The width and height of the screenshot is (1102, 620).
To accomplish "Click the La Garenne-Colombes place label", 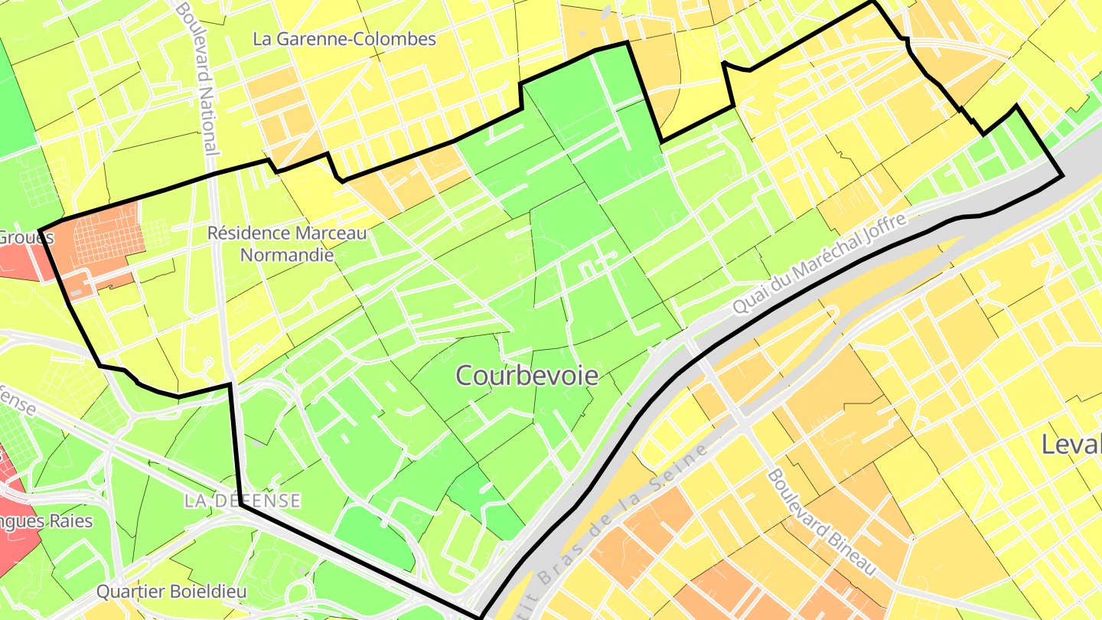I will pyautogui.click(x=344, y=39).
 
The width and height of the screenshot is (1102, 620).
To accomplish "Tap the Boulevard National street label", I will pyautogui.click(x=198, y=77).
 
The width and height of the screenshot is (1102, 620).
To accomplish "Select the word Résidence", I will pyautogui.click(x=247, y=233).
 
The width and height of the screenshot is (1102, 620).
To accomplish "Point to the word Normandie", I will pyautogui.click(x=287, y=255).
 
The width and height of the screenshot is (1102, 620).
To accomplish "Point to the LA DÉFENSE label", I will pyautogui.click(x=242, y=501).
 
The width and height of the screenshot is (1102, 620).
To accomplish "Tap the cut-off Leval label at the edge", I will pyautogui.click(x=1072, y=444).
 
